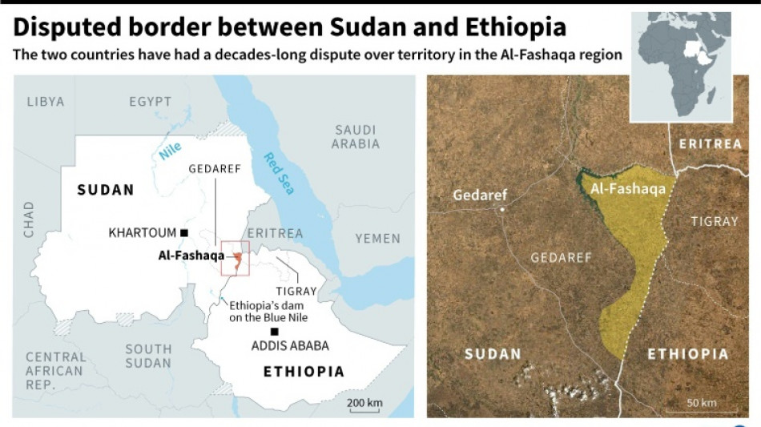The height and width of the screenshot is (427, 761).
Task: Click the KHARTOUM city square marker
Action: [x=184, y=233]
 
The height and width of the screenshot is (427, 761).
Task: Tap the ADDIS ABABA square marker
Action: [x=275, y=331]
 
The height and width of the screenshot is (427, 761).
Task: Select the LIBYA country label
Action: [x=45, y=102]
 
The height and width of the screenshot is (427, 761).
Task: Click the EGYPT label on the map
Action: [x=150, y=102]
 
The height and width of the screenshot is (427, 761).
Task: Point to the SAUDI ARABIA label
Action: [x=356, y=137]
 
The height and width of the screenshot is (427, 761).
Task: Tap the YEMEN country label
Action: [x=377, y=238]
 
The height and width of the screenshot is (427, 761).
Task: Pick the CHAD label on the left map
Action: [x=29, y=220]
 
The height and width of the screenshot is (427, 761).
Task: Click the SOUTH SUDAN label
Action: [x=148, y=356]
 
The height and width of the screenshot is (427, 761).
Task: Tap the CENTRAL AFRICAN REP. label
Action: [x=54, y=371]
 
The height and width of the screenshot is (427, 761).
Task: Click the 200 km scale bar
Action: [x=364, y=409]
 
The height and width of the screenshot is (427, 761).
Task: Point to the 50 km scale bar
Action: [x=703, y=410]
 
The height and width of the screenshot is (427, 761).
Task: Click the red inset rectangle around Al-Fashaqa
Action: [x=236, y=258]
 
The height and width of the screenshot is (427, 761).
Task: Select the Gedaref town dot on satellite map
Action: [x=502, y=210]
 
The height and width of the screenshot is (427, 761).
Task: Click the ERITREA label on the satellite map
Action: [x=710, y=144]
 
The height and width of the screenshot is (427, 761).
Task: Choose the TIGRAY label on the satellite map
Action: [x=714, y=221]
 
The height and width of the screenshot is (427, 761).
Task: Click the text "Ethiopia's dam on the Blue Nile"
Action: [x=268, y=312]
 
